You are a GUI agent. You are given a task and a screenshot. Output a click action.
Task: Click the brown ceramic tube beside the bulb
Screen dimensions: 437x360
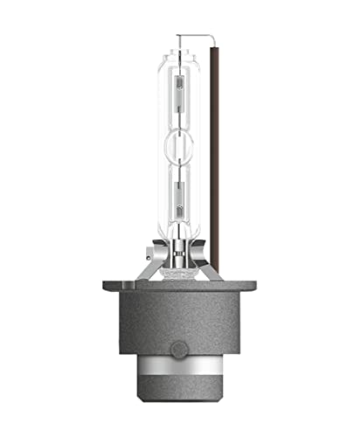(x=213, y=157)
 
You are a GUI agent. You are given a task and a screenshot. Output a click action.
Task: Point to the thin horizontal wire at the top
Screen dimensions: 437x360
(x=194, y=35)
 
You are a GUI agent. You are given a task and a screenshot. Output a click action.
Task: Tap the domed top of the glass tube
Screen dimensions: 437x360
(x=179, y=51)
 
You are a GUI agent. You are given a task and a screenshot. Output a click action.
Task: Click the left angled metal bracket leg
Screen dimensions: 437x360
(x=154, y=267)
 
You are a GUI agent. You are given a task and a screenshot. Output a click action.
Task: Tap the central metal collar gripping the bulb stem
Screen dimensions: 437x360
(x=179, y=258)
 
